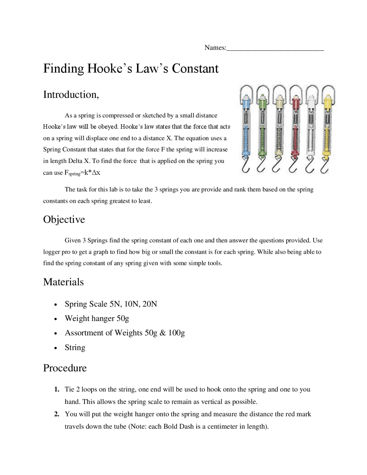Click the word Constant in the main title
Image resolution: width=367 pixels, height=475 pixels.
coord(195,69)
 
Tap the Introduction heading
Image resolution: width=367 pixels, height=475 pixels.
coord(71,95)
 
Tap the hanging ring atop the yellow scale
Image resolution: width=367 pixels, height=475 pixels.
coord(328,91)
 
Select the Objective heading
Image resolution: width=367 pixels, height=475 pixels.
coord(64,220)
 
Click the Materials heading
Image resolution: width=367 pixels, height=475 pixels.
coord(63,282)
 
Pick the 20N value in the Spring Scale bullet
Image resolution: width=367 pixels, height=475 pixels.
coord(149,304)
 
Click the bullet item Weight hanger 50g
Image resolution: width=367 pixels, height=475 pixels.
coord(97,318)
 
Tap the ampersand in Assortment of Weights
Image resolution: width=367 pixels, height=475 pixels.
coord(163,333)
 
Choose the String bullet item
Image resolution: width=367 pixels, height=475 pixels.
coord(75,348)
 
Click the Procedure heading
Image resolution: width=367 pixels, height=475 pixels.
coord(65,368)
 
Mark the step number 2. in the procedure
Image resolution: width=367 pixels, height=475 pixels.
coord(57,414)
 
